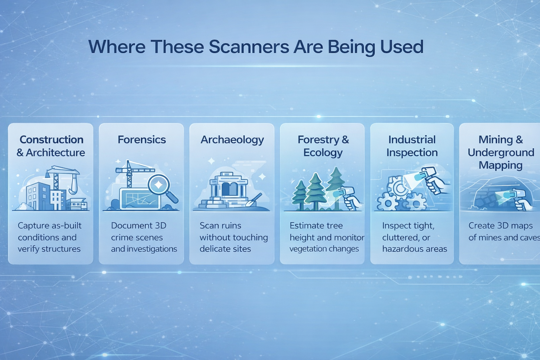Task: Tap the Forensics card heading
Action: (x=142, y=140)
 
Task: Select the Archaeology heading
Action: (x=232, y=140)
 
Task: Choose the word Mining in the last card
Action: (x=496, y=140)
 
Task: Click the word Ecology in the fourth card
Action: (x=323, y=153)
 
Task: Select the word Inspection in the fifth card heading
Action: (x=412, y=153)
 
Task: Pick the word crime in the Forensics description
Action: (x=121, y=237)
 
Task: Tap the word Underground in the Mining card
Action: (x=501, y=153)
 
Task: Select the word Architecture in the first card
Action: (x=56, y=153)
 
